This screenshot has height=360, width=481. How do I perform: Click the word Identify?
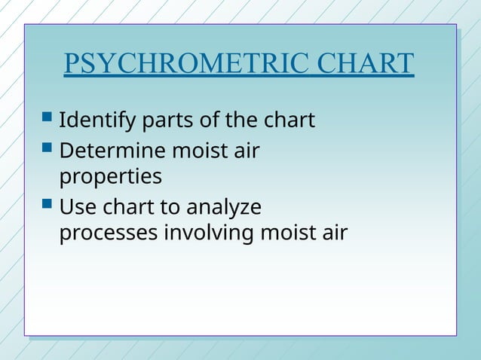coord(90,120)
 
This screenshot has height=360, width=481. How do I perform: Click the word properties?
coord(110,178)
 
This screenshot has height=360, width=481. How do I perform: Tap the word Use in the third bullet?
coord(75,206)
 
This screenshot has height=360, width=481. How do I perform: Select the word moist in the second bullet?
coord(198,151)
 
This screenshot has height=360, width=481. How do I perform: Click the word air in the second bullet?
coord(245,151)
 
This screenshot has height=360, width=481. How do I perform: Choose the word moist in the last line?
coord(287,233)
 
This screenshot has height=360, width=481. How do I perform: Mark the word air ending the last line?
coord(334,233)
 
